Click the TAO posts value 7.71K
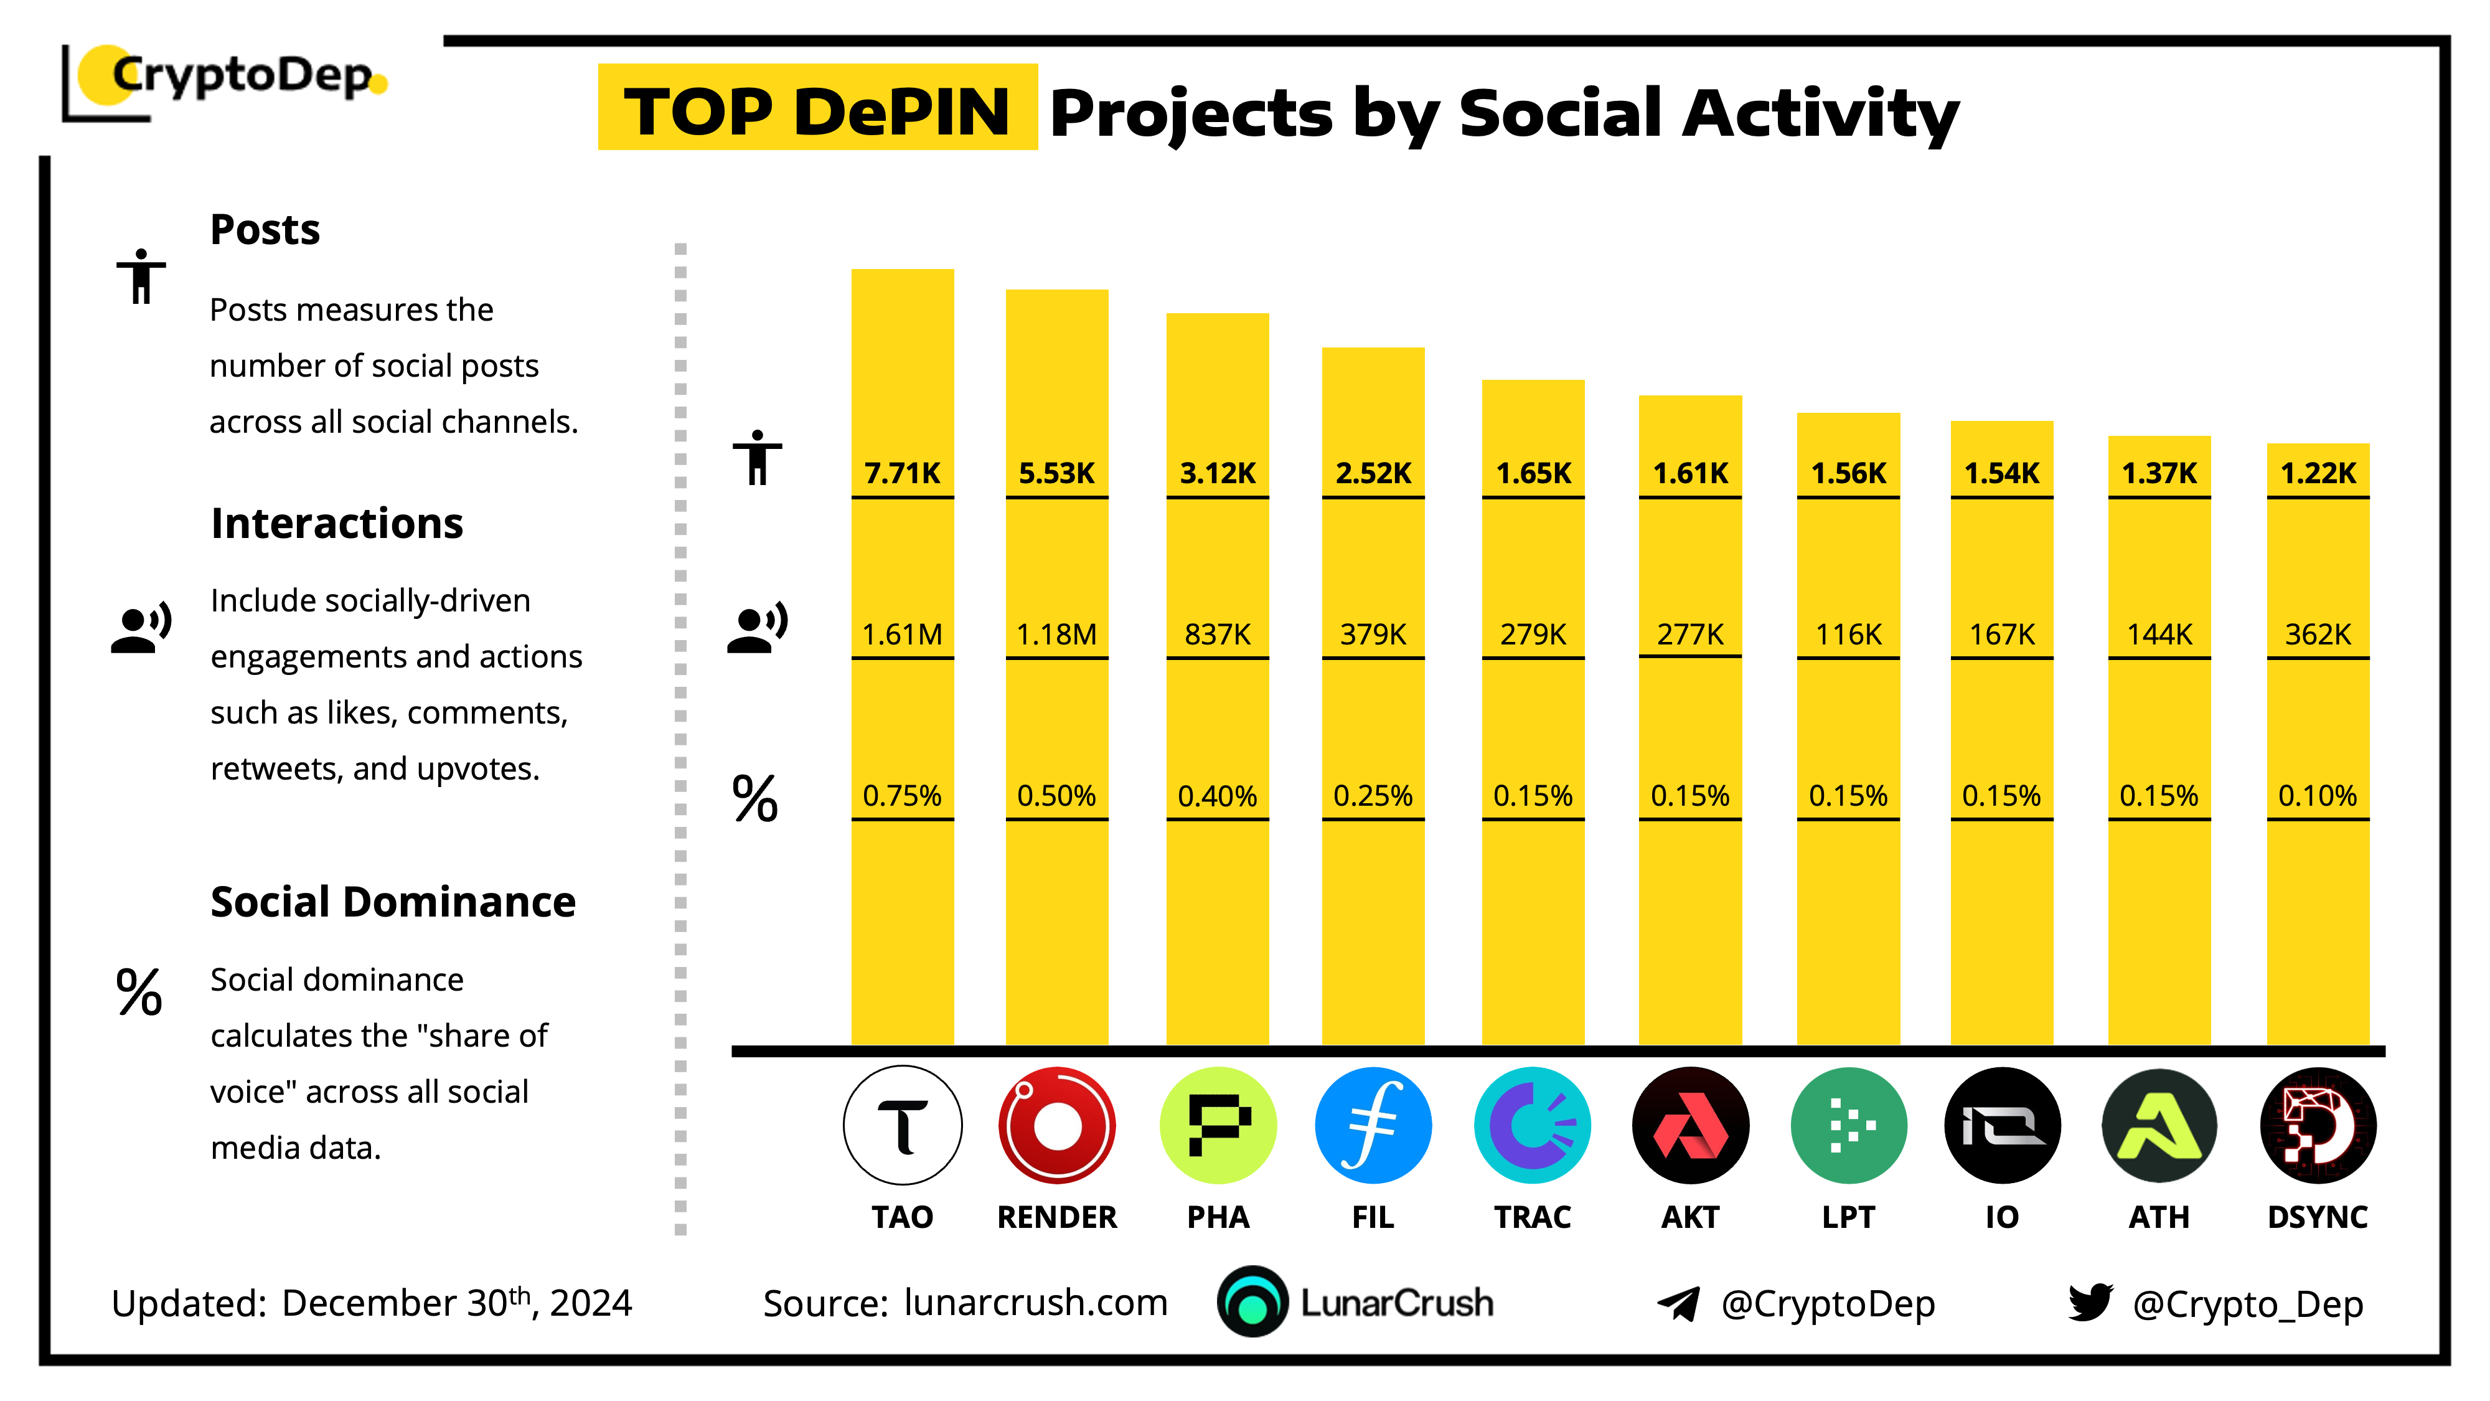902,473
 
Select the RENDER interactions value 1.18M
1056,634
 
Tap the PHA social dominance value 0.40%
1217,796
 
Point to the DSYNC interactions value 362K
2317,634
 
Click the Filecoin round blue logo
1373,1125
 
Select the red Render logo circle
1056,1125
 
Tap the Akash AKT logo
1689,1125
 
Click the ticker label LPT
1848,1216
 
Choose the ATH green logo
2158,1125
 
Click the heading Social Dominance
392,901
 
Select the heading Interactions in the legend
336,523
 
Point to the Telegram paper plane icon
1679,1303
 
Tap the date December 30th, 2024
456,1303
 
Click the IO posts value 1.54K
2001,473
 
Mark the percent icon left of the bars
755,799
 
